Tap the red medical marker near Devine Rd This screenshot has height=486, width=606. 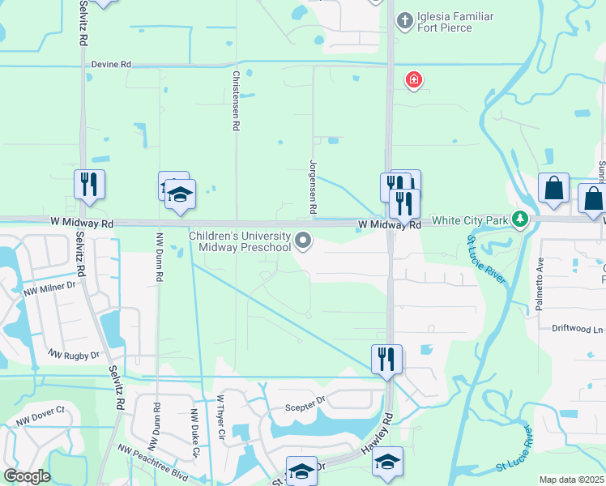tap(414, 79)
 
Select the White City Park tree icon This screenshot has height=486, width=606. tap(521, 219)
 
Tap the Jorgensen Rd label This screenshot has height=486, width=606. tap(313, 186)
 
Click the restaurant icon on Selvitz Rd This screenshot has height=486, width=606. tap(89, 185)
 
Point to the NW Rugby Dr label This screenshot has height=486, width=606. tap(73, 355)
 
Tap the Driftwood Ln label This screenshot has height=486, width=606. tap(578, 330)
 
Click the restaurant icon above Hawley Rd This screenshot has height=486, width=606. tap(386, 359)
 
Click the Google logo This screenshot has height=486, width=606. tap(27, 476)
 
